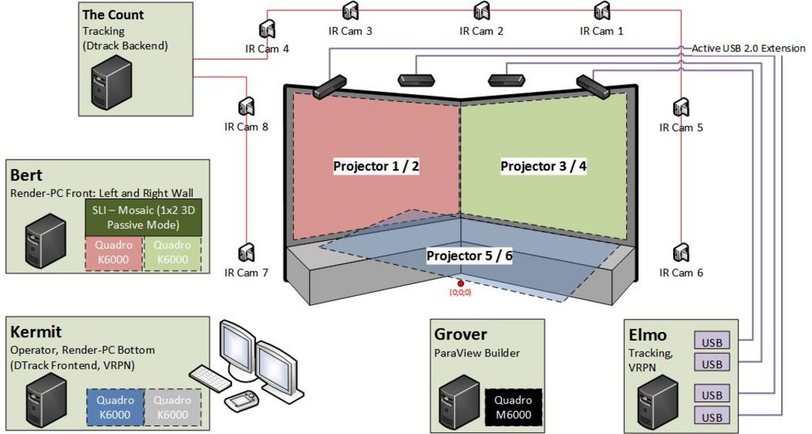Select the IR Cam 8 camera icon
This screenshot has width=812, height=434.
tap(246, 108)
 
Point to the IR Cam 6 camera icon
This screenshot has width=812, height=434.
tap(680, 254)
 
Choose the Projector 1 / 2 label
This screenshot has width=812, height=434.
tap(376, 166)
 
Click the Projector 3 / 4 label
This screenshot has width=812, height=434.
tap(543, 166)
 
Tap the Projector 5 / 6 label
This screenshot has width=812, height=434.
tap(470, 255)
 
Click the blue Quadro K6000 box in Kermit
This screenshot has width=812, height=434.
tap(115, 407)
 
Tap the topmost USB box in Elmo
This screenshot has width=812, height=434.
tap(712, 341)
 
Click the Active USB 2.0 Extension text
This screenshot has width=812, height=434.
tap(748, 48)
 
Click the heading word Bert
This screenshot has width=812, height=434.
tap(27, 175)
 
